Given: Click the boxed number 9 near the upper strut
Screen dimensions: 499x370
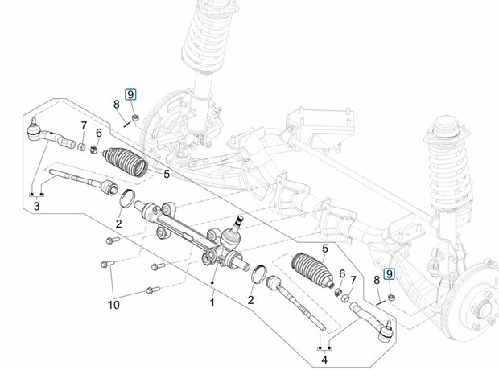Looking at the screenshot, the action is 130,94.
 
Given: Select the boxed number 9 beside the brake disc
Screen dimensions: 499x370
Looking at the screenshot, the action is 389,274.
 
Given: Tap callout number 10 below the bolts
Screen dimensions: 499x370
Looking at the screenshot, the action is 113,305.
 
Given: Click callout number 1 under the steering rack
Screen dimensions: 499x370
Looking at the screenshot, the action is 212,302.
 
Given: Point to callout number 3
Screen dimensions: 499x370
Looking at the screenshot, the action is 36,206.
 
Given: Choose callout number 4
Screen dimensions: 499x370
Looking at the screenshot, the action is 324,360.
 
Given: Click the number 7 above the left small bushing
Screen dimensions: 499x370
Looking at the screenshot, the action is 84,125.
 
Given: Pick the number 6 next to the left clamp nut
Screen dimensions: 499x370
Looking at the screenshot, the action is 99,133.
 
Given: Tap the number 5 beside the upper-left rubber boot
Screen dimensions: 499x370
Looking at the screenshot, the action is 167,174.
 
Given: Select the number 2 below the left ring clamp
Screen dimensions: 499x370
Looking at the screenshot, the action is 118,224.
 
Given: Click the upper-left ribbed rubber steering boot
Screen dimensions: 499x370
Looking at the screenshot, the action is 126,162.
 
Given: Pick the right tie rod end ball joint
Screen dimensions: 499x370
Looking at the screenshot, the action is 386,332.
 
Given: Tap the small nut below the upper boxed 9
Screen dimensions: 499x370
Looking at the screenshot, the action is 135,117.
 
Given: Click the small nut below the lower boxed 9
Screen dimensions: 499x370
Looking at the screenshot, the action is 392,298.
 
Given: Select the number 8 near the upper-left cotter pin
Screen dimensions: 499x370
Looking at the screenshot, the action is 117,104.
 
